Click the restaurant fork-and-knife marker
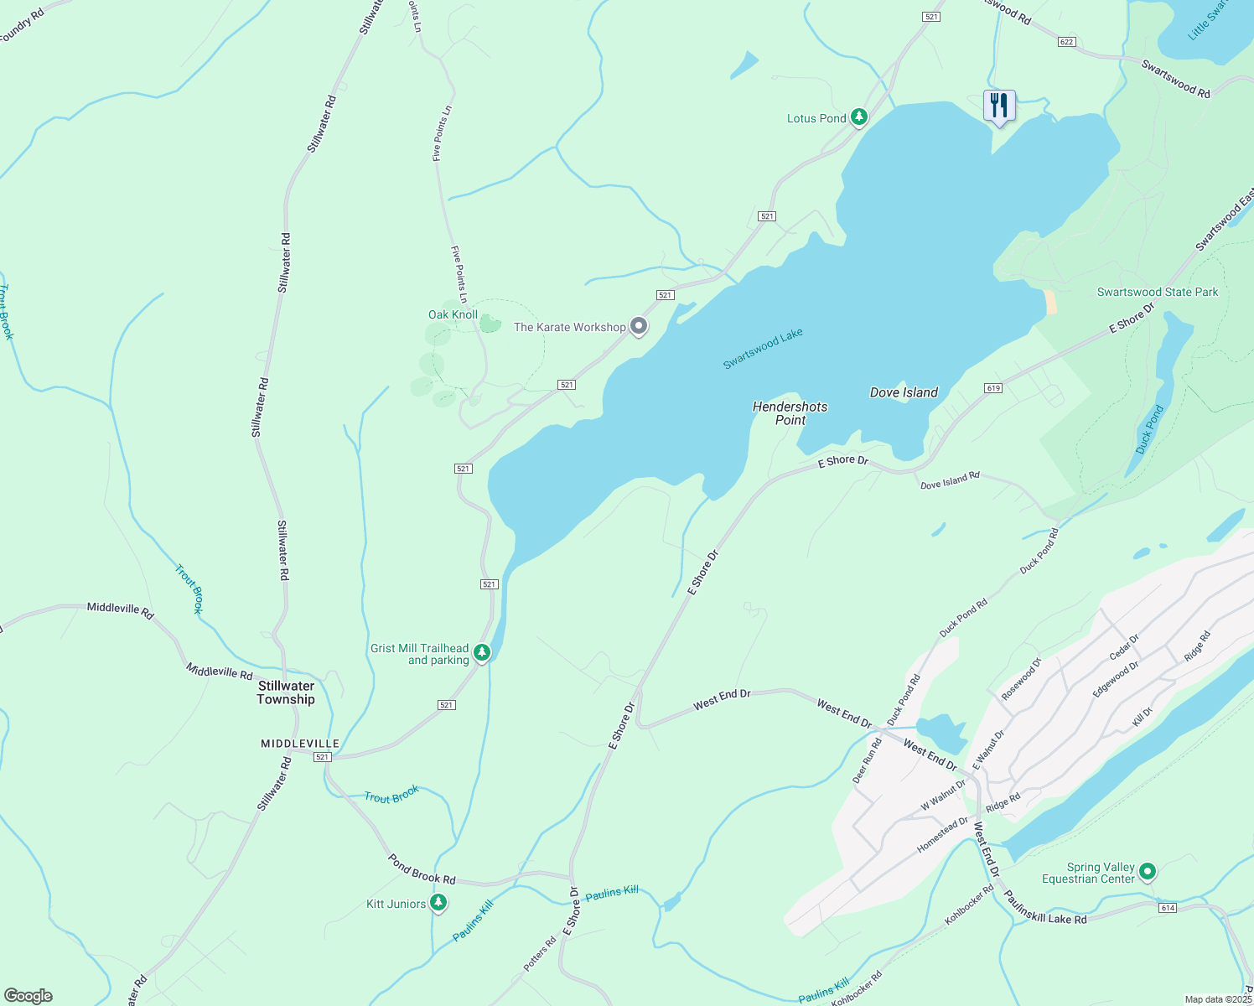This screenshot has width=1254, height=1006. point(998,106)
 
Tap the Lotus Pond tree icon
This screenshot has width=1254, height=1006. point(858,117)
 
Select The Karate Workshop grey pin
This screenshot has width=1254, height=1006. point(639,326)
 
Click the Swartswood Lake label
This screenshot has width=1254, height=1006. point(763,348)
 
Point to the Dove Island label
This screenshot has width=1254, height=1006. point(904,392)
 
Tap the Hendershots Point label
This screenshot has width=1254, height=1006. point(790,412)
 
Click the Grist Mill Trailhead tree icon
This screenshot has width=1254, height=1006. point(481,652)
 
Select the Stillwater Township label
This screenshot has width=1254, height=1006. point(286,692)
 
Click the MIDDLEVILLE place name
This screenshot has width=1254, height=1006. point(300,744)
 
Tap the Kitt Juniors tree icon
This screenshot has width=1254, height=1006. point(438,903)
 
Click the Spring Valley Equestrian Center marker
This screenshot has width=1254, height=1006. point(1148,872)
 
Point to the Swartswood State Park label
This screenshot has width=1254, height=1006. point(1158,292)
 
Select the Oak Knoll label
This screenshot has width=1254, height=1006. point(453,314)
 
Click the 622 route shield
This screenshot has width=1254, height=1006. point(1066,42)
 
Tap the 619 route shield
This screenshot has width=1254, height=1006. point(993,388)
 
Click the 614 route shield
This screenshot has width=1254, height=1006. point(1167,908)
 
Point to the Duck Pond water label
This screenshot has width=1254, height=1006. point(1149,430)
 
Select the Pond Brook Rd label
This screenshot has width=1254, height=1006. point(422,869)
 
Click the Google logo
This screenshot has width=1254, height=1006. point(28,996)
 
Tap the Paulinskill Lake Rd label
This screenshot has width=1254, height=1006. point(1044,908)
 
